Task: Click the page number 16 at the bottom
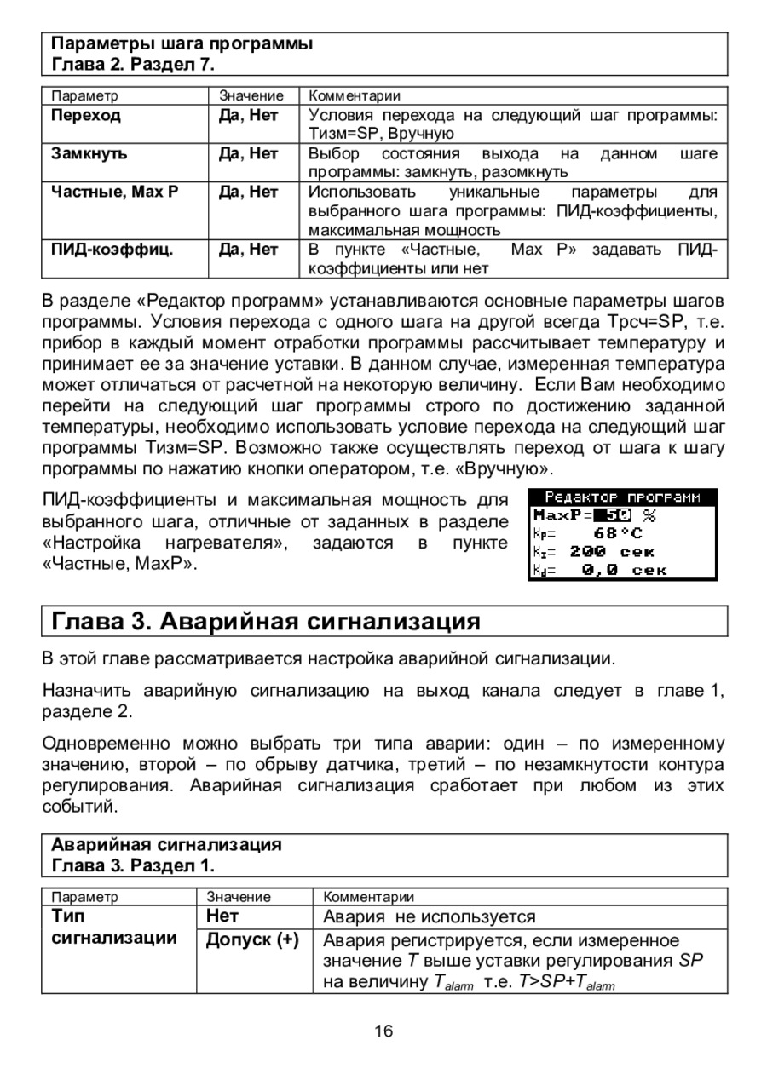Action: point(383,1031)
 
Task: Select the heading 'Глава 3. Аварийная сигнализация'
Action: point(266,621)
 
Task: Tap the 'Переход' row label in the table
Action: point(86,115)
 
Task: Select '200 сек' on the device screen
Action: point(612,552)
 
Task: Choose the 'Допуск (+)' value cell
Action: point(252,940)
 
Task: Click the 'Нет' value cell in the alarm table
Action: point(222,916)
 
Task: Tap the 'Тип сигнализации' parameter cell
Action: point(115,928)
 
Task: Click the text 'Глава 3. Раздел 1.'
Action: point(134,866)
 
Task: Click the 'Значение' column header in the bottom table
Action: point(239,896)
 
